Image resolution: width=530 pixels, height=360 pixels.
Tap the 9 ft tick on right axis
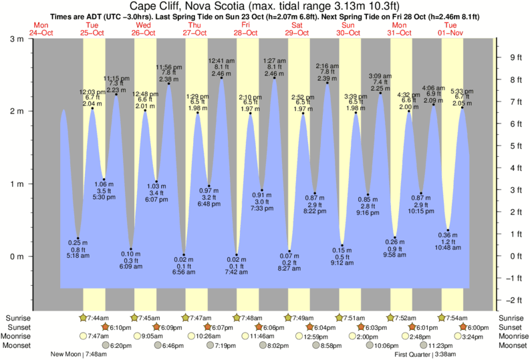pos(515,57)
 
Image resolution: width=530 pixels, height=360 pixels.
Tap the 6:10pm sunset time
pos(120,327)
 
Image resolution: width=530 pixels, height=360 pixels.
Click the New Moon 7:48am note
pos(78,355)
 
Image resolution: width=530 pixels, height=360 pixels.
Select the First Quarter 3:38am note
pos(425,355)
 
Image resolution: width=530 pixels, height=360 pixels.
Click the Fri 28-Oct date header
pos(246,29)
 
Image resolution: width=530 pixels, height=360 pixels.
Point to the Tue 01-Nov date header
pos(450,29)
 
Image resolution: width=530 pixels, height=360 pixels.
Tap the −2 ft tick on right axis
pos(515,300)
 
